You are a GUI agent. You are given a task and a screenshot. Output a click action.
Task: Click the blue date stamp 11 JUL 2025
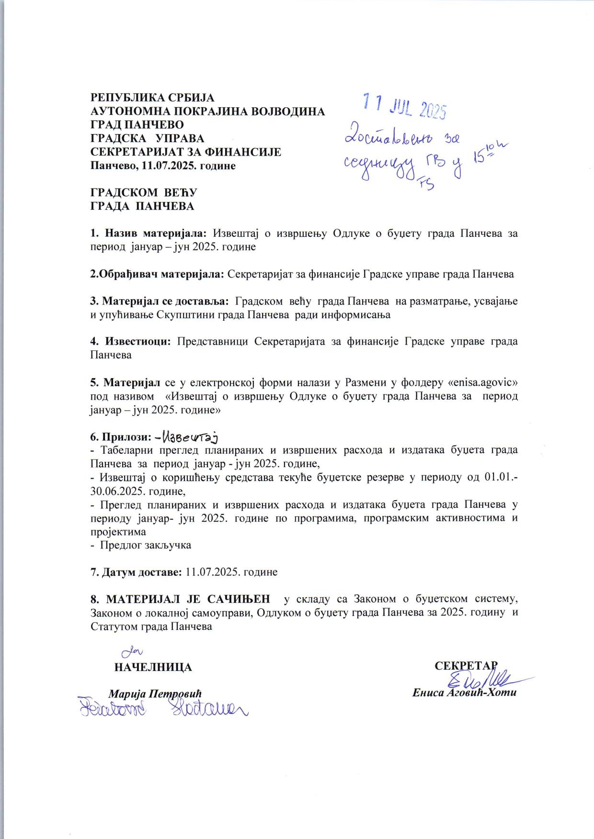click(x=405, y=106)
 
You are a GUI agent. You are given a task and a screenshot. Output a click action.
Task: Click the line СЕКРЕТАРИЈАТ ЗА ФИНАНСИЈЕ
click(x=186, y=152)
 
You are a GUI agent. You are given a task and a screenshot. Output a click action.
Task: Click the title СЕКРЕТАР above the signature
click(x=466, y=666)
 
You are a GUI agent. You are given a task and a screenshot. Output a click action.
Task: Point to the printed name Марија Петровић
click(x=155, y=693)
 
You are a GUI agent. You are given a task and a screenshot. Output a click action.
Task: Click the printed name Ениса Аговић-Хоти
click(x=465, y=693)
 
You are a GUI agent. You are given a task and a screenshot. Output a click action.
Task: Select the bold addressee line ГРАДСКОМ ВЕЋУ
click(x=144, y=193)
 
